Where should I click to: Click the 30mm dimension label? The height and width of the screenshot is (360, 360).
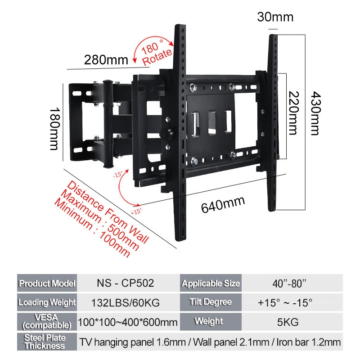tap(275, 18)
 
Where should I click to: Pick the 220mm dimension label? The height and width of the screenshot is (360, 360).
tap(294, 113)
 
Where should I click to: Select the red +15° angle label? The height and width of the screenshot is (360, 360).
tap(135, 210)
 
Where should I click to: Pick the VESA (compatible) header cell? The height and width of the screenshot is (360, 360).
tap(47, 322)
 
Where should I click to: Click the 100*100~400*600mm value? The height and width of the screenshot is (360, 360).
tap(128, 322)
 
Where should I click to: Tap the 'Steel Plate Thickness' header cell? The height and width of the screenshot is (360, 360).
tap(47, 342)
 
